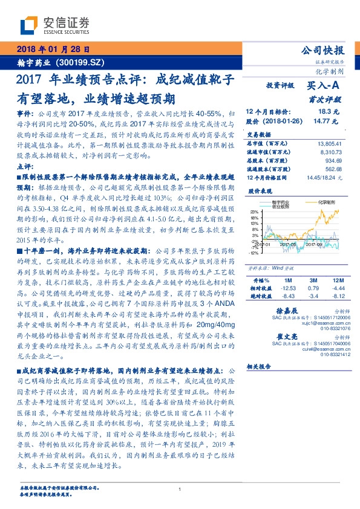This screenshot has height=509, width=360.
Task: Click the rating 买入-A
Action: (x=323, y=86)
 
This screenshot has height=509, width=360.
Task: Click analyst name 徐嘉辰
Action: (x=286, y=310)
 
